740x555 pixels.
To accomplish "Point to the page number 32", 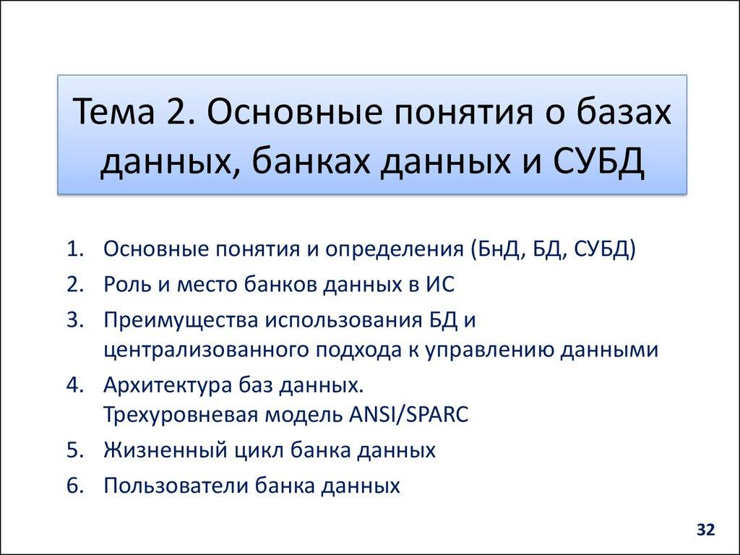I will [x=705, y=530].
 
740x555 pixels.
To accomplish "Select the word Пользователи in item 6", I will [x=176, y=485].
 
